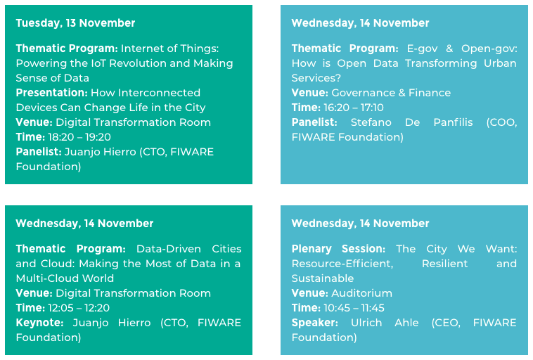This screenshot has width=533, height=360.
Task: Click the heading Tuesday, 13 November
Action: click(x=75, y=23)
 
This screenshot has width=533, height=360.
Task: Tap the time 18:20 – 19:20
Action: click(x=79, y=137)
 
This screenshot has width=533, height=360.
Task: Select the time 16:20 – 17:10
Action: click(x=354, y=108)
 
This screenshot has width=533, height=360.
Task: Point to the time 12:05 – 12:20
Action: click(x=79, y=308)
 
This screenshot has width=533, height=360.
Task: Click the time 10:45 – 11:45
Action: click(x=354, y=308)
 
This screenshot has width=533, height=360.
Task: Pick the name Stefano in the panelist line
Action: click(x=371, y=122)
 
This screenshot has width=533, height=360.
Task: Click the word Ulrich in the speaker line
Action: click(x=366, y=323)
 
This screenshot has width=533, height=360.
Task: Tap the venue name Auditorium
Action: click(x=361, y=293)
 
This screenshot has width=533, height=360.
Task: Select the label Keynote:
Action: click(x=40, y=323)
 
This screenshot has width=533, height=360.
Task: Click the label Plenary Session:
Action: click(x=338, y=249)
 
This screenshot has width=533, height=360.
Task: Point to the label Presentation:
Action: click(x=52, y=93)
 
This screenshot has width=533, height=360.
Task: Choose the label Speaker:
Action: click(x=315, y=323)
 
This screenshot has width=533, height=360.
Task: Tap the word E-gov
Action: click(x=422, y=49)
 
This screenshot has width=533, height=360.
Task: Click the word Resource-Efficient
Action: click(x=342, y=264)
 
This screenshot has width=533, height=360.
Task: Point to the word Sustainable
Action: click(x=323, y=278)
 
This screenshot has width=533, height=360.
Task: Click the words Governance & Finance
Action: click(x=391, y=93)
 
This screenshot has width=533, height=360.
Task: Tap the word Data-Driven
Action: click(x=169, y=249)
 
